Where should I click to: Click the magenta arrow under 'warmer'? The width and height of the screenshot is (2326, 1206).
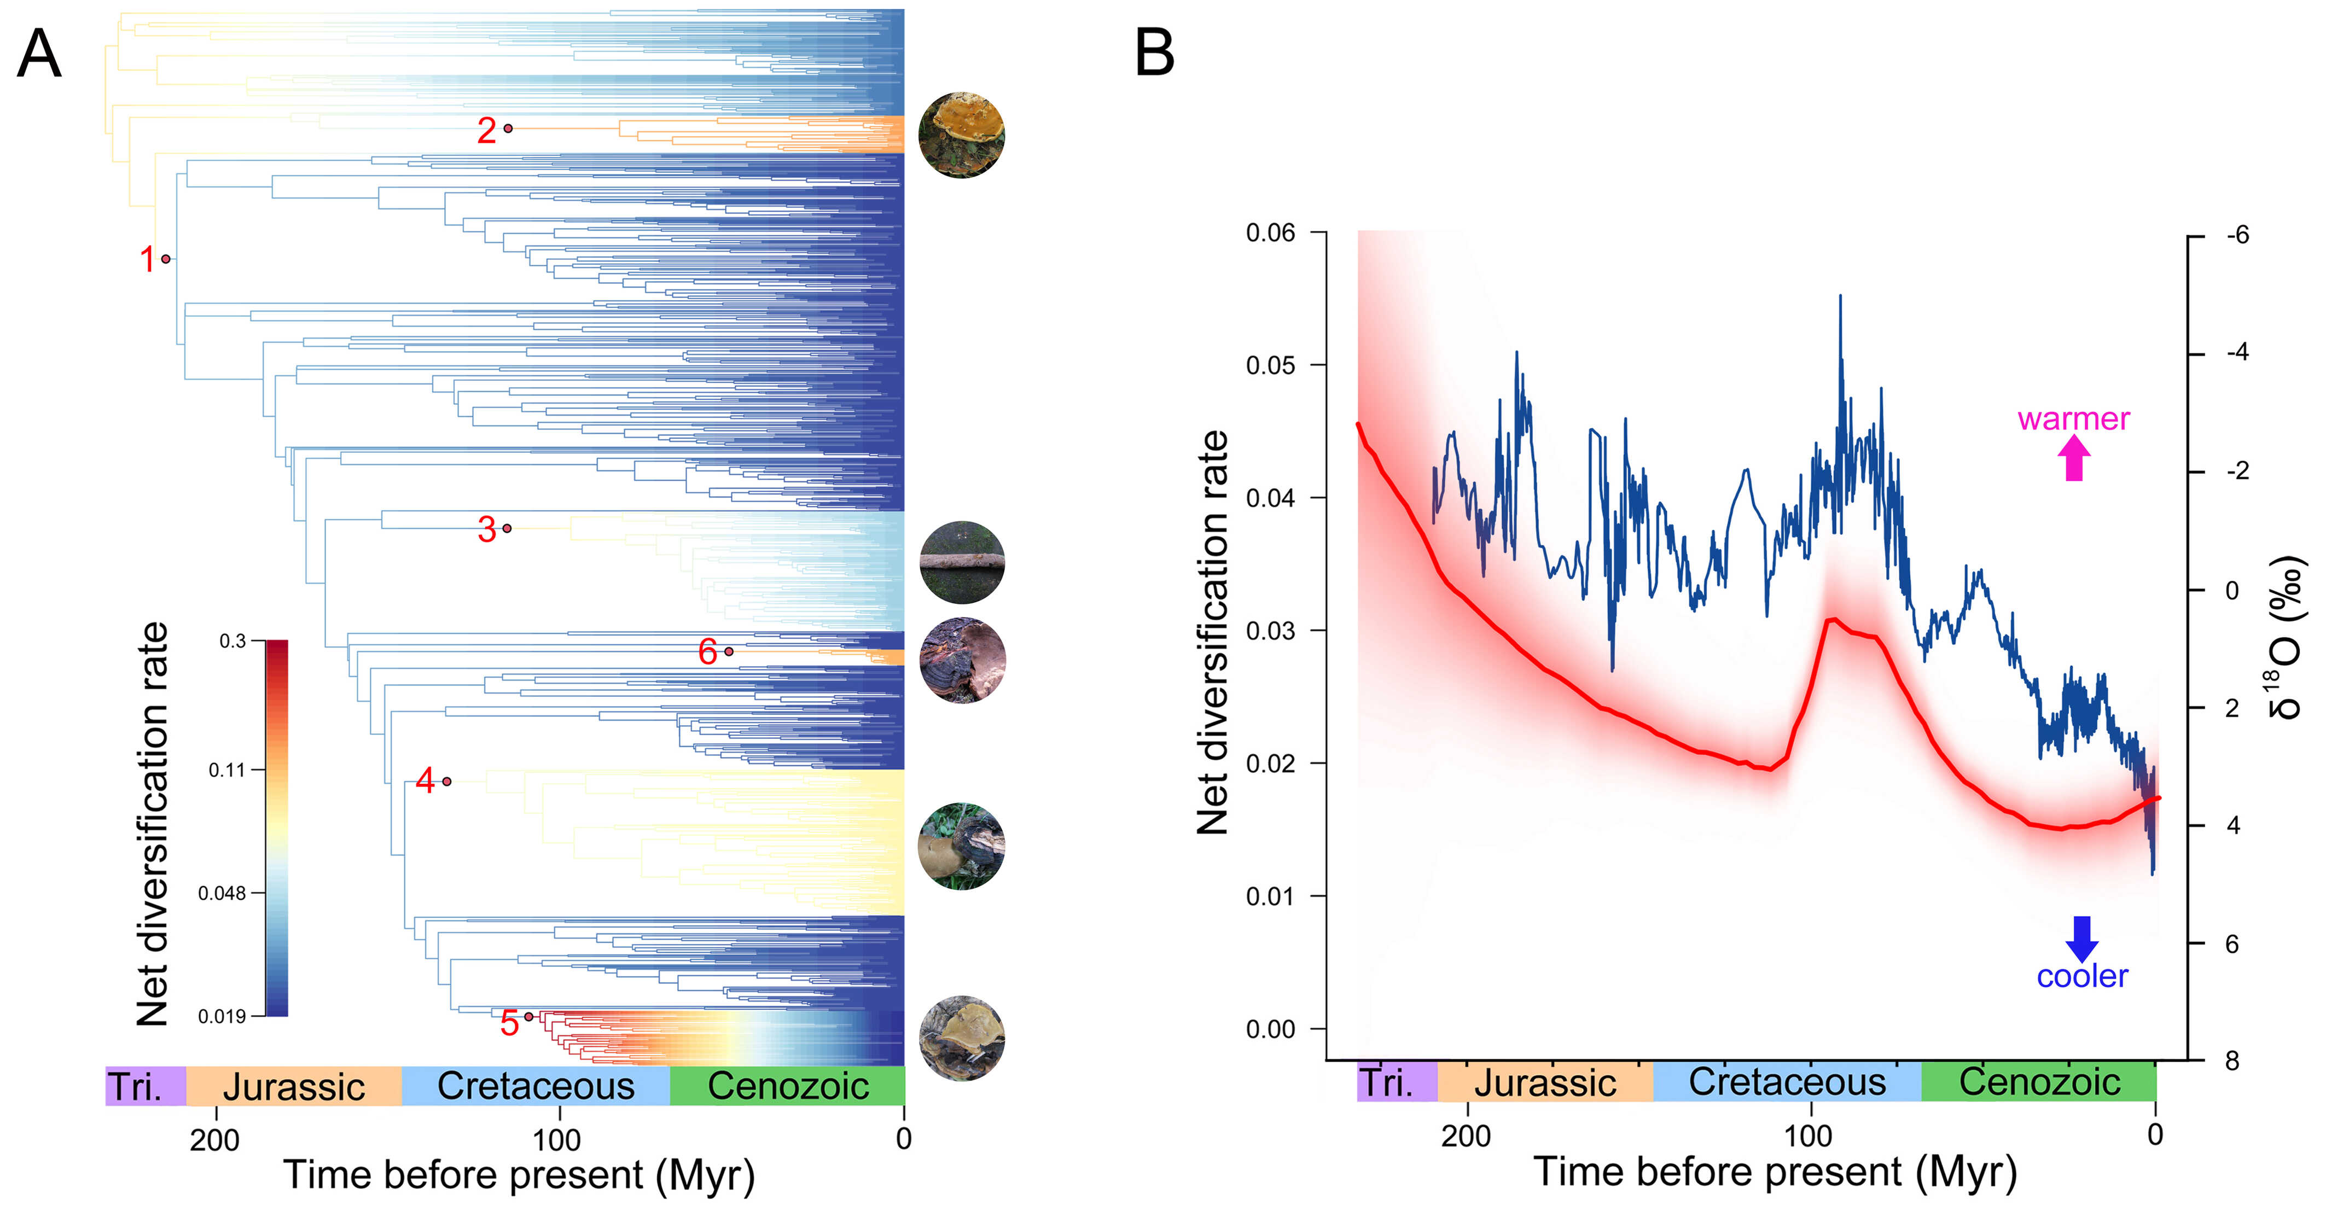[x=2074, y=458]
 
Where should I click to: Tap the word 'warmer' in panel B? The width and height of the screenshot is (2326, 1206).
[x=2073, y=419]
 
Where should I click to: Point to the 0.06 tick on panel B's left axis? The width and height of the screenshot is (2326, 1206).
[x=1270, y=233]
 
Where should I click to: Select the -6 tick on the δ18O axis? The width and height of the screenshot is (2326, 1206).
[x=2237, y=236]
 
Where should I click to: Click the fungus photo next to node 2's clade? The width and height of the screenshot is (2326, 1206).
[x=962, y=135]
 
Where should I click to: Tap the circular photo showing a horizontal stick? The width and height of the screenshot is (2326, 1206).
[x=962, y=562]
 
